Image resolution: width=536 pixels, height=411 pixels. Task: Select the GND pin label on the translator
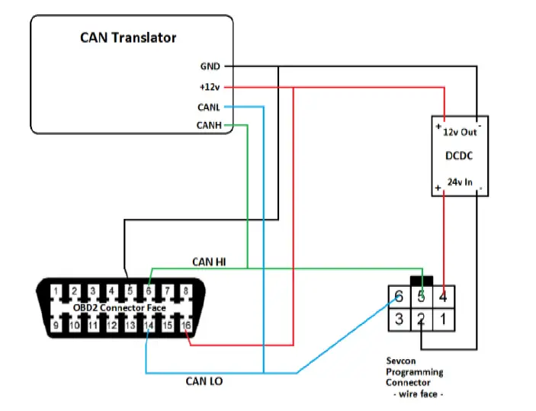[210, 67]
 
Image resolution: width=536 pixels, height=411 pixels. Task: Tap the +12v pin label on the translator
[209, 87]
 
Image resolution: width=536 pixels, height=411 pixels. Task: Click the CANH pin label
[209, 125]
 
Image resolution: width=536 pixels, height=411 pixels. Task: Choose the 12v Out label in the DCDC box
[460, 131]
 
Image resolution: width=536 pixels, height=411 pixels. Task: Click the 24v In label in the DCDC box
[459, 183]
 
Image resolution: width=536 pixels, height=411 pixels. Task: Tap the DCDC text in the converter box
[459, 157]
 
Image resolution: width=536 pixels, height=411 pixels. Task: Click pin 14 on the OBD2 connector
[149, 326]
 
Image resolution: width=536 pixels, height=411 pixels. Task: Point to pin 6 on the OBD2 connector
[149, 291]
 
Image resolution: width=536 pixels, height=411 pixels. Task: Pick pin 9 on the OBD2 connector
[55, 326]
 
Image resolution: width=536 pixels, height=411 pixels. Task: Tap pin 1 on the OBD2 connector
[55, 291]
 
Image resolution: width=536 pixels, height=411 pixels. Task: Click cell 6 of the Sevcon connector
[398, 295]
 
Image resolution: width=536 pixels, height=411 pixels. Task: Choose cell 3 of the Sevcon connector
[398, 319]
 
